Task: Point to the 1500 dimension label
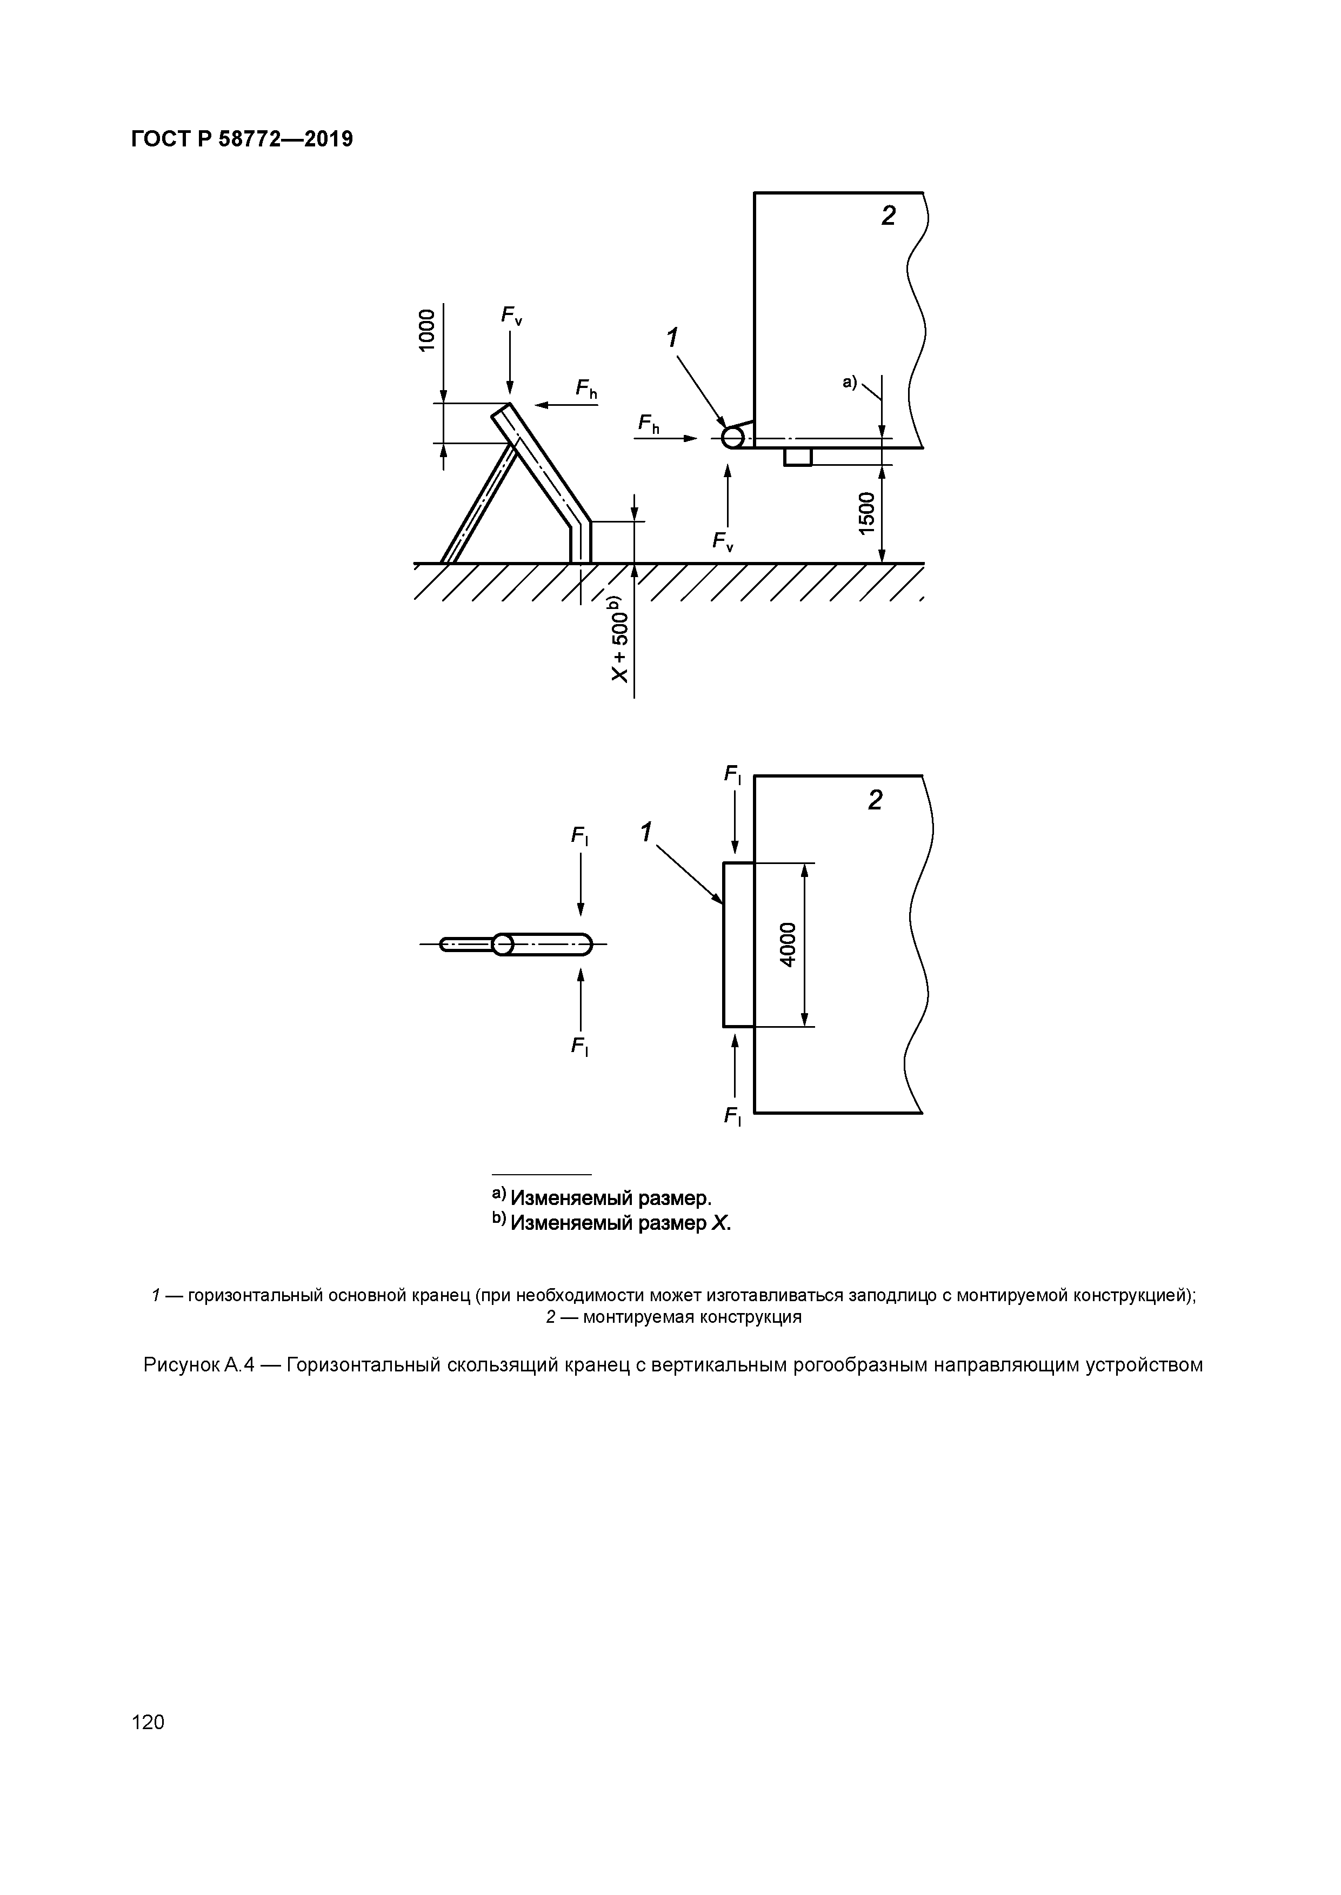(865, 513)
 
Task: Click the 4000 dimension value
(789, 944)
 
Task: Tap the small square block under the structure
(798, 457)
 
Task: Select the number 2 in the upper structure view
(888, 216)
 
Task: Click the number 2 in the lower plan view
(875, 800)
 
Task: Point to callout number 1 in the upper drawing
(673, 338)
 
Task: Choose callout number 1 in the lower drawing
(646, 832)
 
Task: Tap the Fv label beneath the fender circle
(723, 541)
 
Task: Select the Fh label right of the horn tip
(586, 390)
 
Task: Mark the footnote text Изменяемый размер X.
(619, 1222)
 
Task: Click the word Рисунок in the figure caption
(183, 1364)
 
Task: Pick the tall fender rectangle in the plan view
(738, 944)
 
